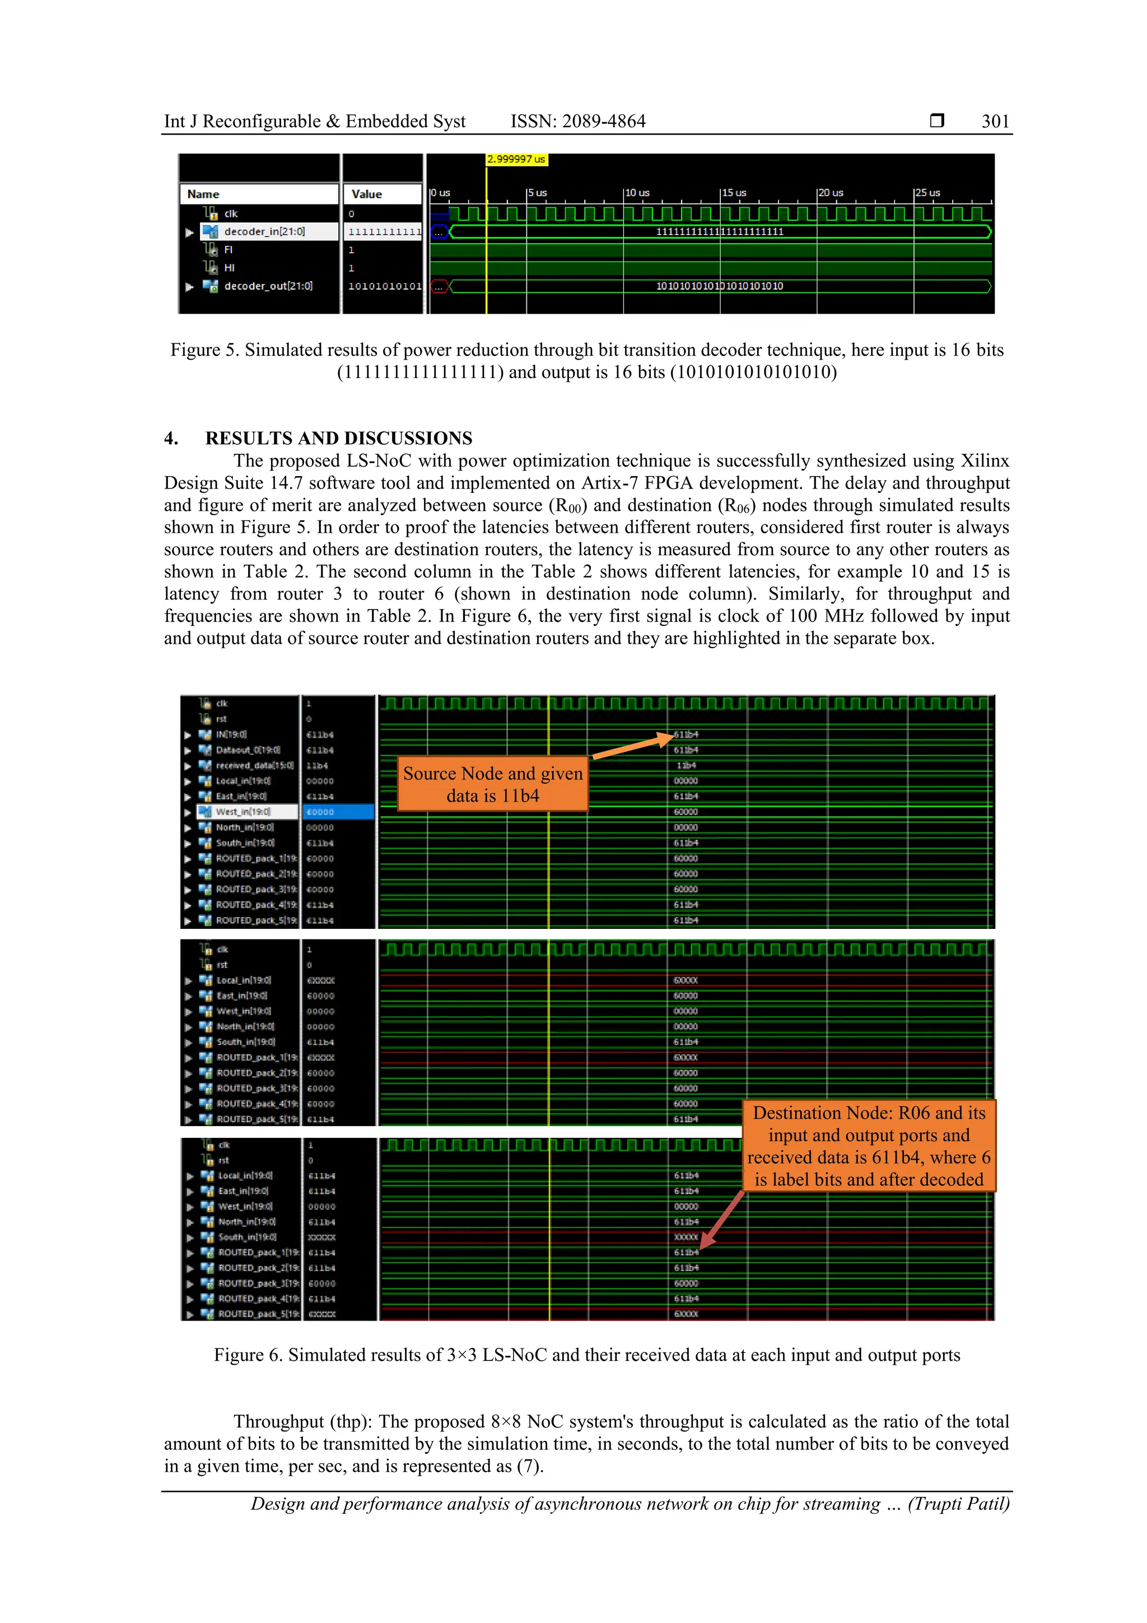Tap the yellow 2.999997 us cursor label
pos(516,159)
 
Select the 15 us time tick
pos(734,192)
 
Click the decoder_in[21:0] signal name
pos(264,231)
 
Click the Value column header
pos(366,194)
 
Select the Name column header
pos(203,194)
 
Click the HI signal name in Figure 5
pos(229,267)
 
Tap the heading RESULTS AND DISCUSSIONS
pos(338,438)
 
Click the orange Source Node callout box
pos(493,784)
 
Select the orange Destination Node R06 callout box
pos(869,1145)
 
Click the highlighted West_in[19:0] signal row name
pos(243,811)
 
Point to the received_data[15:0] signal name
pos(254,765)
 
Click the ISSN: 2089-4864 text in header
pos(577,121)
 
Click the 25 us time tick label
pos(927,192)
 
